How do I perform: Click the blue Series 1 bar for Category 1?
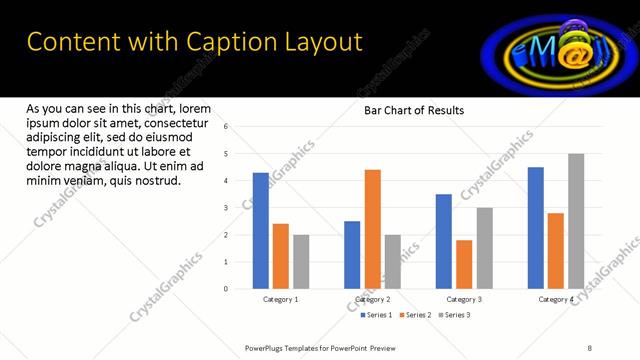260,231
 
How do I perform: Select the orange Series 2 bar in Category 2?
372,229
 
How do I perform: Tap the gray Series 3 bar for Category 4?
576,221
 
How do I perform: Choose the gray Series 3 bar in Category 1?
301,262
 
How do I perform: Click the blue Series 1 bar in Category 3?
443,241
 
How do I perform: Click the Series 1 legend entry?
376,315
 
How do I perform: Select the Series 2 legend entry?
415,315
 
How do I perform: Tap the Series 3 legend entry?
454,315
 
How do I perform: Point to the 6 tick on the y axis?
227,127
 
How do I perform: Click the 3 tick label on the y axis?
227,208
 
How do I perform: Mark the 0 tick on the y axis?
227,289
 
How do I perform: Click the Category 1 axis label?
281,299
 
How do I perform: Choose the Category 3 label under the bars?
464,299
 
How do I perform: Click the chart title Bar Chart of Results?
413,110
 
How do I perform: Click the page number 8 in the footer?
590,347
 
